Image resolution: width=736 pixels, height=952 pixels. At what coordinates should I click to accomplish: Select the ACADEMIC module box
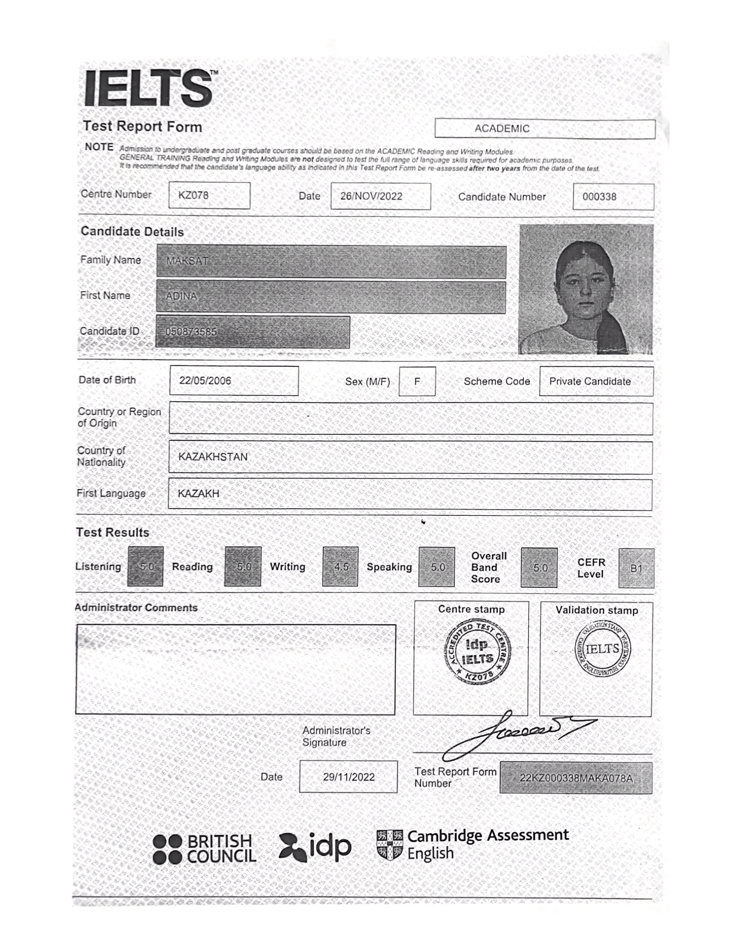pyautogui.click(x=545, y=129)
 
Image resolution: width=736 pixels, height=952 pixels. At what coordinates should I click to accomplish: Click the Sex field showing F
pyautogui.click(x=417, y=381)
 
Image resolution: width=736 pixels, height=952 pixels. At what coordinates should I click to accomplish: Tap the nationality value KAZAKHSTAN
pyautogui.click(x=213, y=457)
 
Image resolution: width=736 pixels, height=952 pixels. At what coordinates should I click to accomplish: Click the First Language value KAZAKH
pyautogui.click(x=198, y=493)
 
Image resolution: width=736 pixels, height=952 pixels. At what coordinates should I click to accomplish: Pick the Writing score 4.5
pyautogui.click(x=340, y=567)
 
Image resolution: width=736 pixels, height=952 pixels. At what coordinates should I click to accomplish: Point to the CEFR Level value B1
pyautogui.click(x=636, y=569)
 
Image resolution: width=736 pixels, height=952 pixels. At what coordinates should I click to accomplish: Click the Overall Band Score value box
pyautogui.click(x=539, y=568)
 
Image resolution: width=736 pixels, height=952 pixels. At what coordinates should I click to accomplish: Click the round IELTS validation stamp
pyautogui.click(x=603, y=649)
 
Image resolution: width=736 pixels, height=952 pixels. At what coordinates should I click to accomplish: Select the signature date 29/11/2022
pyautogui.click(x=349, y=777)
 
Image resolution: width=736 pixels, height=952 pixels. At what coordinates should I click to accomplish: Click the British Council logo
pyautogui.click(x=204, y=849)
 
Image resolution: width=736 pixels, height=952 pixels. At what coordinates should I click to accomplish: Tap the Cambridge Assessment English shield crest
pyautogui.click(x=389, y=844)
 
